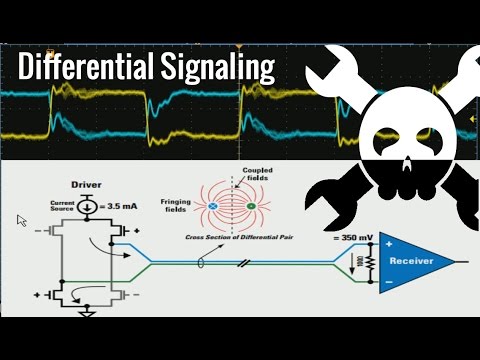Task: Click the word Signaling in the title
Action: coord(216,67)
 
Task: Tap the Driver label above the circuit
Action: coord(84,185)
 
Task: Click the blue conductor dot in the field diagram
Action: coord(213,207)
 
